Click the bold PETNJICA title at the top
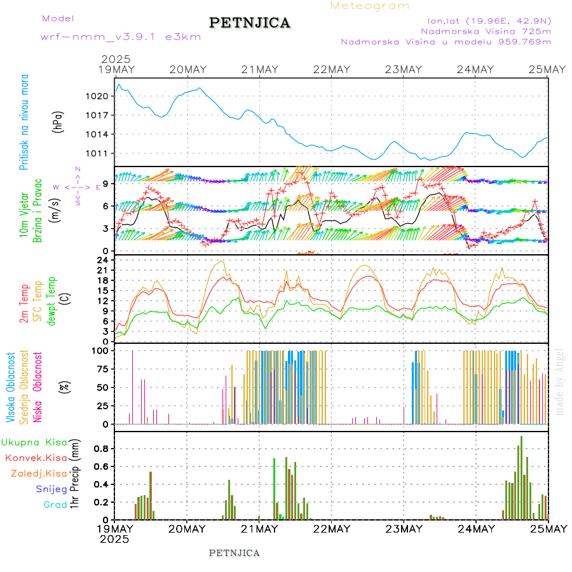pos(250,23)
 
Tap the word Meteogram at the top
pos(371,6)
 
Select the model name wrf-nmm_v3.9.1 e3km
pos(121,37)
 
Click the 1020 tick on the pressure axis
pos(102,96)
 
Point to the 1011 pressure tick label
pos(102,153)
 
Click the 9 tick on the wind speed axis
pos(107,184)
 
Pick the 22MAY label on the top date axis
pos(331,69)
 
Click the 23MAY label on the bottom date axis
pos(404,529)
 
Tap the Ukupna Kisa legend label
pos(34,442)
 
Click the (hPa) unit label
pos(58,121)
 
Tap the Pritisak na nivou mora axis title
pos(24,126)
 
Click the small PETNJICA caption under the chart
pos(235,553)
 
